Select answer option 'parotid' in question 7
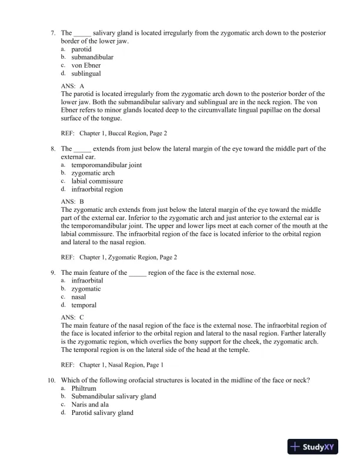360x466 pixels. pos(81,49)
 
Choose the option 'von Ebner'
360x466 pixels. pos(86,65)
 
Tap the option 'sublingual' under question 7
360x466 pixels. pos(86,74)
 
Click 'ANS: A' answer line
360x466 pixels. pos(73,86)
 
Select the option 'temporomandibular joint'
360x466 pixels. pos(106,165)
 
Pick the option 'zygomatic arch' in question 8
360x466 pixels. pos(93,174)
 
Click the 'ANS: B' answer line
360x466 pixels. pos(73,202)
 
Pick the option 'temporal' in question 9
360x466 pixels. pos(84,305)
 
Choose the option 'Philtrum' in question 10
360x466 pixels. pos(84,388)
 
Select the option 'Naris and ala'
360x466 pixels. pos(92,405)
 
